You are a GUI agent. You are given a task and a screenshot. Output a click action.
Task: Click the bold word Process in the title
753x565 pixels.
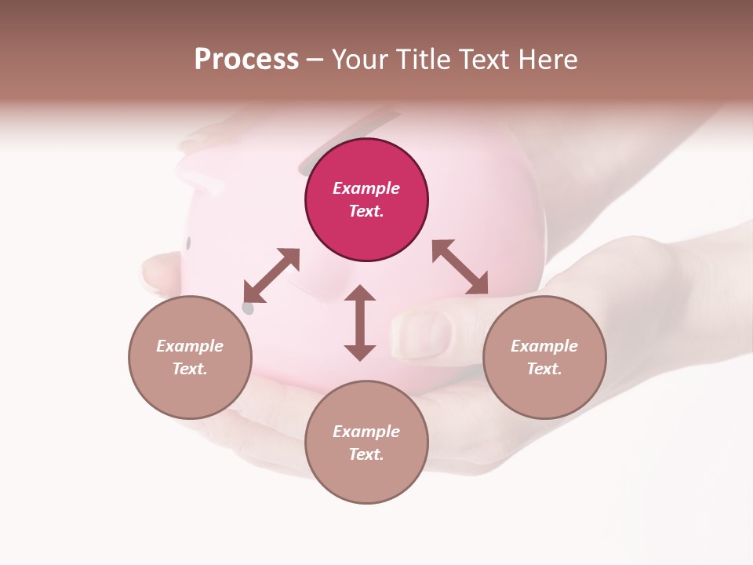[246, 60]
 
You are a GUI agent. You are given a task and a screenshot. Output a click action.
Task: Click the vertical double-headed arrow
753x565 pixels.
[360, 323]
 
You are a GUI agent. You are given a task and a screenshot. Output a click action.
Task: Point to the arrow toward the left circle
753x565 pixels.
[271, 275]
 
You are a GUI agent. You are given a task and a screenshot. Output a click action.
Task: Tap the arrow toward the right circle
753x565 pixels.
[460, 267]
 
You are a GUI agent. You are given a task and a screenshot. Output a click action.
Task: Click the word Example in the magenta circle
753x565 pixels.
[366, 188]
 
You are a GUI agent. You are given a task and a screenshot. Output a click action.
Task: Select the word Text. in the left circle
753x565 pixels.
[190, 369]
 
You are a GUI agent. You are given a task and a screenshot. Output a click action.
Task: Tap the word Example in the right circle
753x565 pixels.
[544, 346]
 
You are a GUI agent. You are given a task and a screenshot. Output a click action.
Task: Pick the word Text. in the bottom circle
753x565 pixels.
[366, 454]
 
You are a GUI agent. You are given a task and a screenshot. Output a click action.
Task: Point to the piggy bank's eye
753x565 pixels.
[188, 243]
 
